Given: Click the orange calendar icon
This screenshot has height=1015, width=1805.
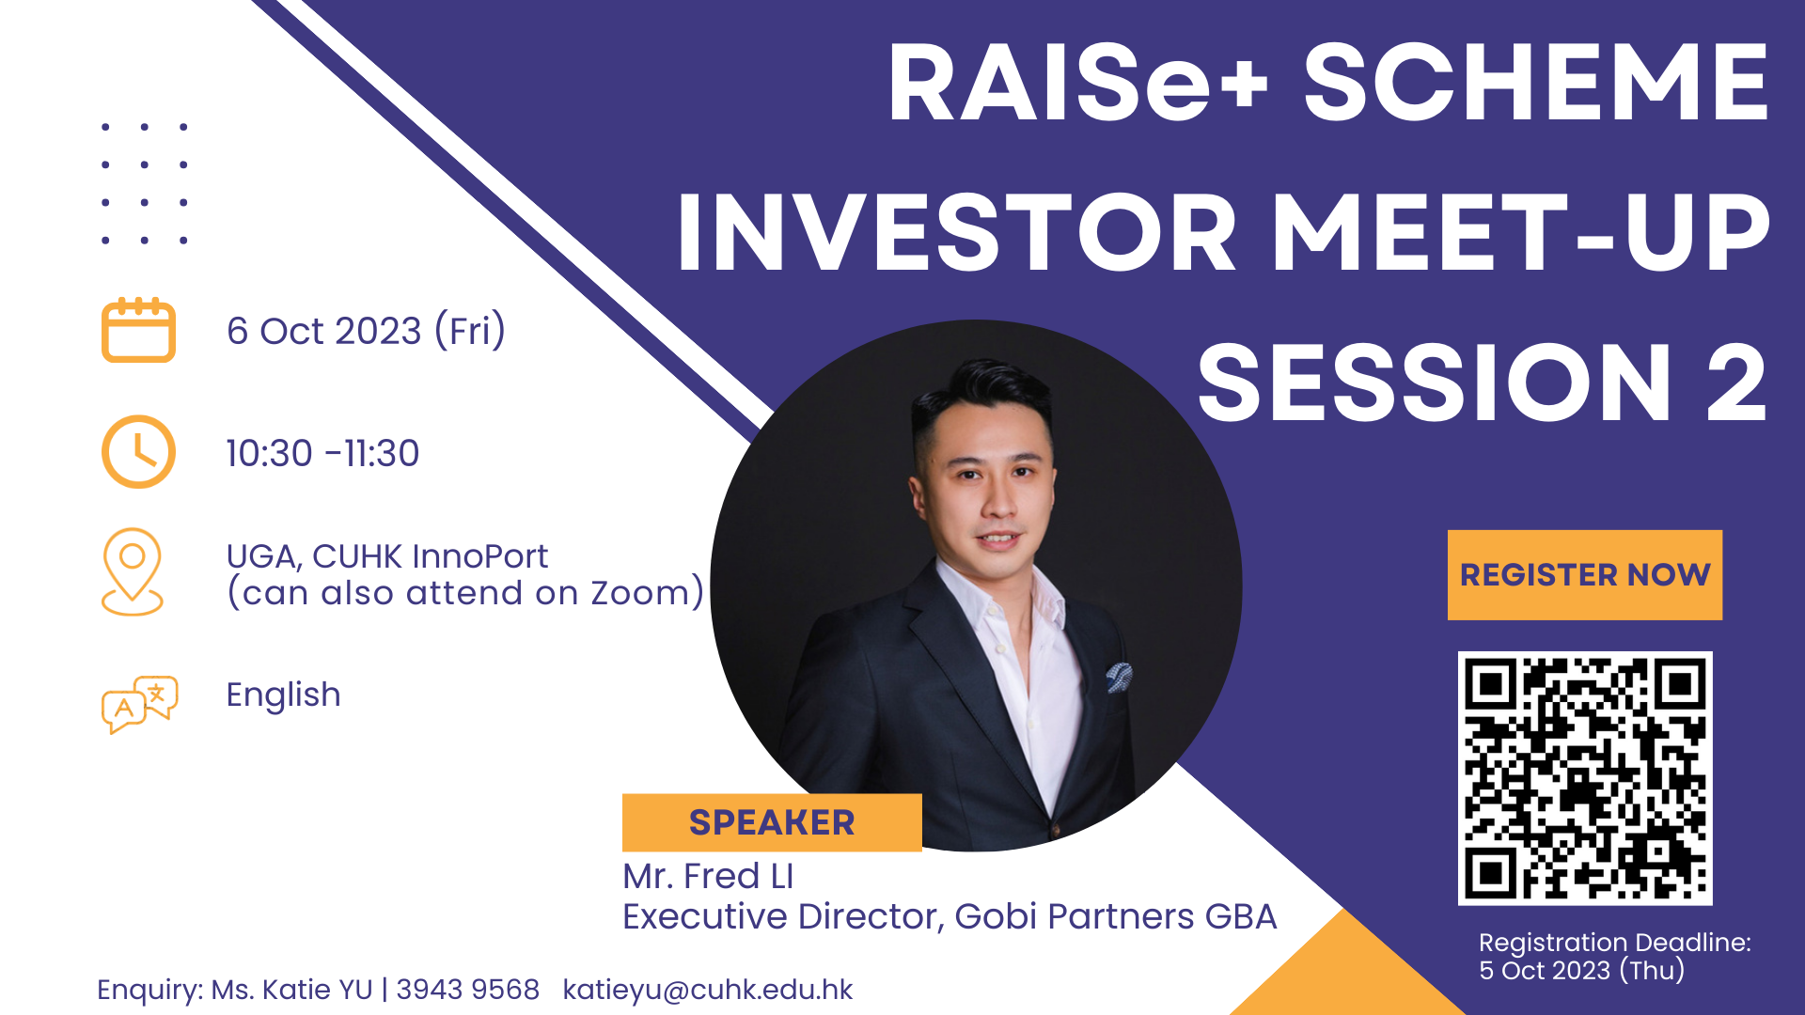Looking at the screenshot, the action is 138,330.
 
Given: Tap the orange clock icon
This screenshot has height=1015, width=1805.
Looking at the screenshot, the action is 138,452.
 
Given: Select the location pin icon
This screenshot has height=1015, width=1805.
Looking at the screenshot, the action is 133,571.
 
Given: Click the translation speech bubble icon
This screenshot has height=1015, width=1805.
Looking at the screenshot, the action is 139,704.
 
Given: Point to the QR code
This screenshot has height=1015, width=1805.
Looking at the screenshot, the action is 1585,778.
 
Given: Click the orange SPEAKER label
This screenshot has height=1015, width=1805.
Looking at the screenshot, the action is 772,822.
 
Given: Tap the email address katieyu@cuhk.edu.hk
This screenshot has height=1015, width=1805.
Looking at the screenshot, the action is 708,990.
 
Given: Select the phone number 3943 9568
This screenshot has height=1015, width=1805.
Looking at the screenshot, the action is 467,990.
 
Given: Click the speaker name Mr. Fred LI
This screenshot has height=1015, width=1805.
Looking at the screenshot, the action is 708,876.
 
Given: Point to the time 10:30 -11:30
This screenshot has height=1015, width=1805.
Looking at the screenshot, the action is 322,453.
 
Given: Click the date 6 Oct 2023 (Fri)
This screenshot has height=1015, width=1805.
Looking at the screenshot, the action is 366,331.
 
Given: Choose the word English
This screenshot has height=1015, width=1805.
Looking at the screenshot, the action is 283,695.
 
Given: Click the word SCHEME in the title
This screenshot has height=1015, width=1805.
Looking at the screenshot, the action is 1536,83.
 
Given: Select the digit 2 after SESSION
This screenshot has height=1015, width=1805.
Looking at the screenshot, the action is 1736,383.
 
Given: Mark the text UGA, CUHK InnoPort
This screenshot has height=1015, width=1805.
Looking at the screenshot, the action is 386,556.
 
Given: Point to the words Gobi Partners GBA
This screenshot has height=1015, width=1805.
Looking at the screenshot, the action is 1115,916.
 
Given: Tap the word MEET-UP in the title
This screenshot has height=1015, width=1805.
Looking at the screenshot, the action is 1521,233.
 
